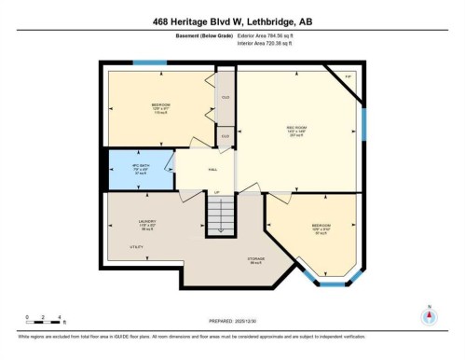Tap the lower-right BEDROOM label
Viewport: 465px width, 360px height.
click(321, 226)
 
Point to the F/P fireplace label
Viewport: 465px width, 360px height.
click(347, 76)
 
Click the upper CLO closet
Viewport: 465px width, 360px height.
click(225, 97)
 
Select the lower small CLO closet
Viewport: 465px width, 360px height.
click(224, 136)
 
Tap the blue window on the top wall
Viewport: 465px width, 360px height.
click(147, 62)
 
